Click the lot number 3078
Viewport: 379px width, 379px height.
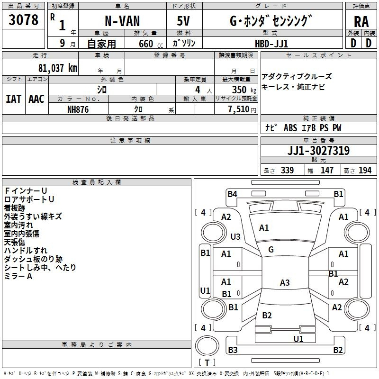(24, 20)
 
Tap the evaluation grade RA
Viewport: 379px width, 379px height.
(361, 22)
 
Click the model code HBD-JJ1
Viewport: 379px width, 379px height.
(271, 43)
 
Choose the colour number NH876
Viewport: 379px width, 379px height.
(78, 108)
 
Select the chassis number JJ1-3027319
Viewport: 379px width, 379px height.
(318, 151)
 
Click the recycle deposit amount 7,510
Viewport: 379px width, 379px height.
(239, 109)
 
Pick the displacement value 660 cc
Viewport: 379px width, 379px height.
(145, 44)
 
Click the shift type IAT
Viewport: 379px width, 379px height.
(13, 99)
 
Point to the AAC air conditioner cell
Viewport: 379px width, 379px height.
(36, 99)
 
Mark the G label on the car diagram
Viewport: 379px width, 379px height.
(271, 250)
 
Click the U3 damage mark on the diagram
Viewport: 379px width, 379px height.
(235, 236)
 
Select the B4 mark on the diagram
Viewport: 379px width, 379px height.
(232, 194)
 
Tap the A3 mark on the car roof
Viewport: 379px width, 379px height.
(284, 283)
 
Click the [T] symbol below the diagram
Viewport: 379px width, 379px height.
(207, 362)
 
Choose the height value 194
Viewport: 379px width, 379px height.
(365, 171)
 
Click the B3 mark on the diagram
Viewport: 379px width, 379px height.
(233, 350)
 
